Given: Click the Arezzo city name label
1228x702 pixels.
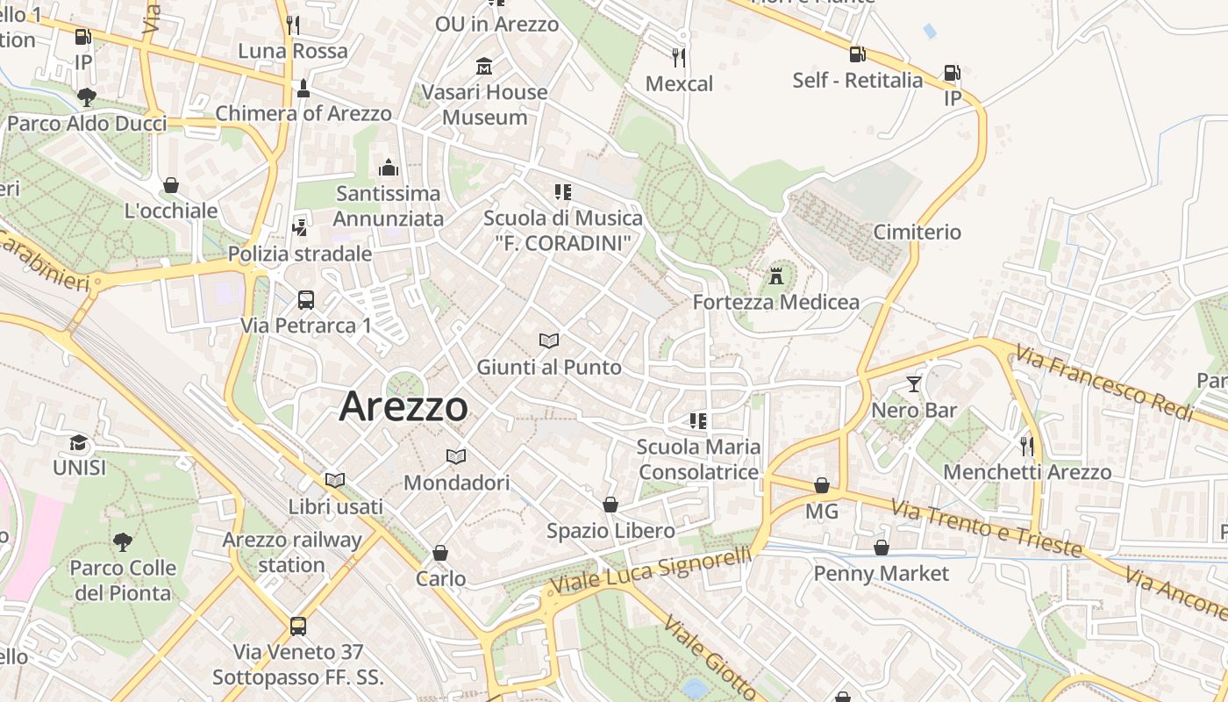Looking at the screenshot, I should tap(403, 406).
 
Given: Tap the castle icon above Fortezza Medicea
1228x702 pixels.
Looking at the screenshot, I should tap(775, 276).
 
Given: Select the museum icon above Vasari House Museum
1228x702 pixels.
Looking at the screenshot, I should tap(483, 67).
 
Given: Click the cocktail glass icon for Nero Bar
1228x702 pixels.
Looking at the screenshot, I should tap(914, 384).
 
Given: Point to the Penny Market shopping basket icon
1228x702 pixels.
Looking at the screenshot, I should tap(882, 548).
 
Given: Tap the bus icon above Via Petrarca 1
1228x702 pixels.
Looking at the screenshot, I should tap(306, 300).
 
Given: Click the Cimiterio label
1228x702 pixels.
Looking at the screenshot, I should tap(917, 233).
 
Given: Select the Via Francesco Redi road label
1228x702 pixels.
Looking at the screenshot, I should tap(1104, 383).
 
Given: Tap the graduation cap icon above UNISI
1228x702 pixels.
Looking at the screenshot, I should tap(79, 442).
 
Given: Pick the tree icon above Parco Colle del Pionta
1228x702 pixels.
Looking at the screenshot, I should tap(123, 541).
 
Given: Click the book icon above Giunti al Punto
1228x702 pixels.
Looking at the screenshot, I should tap(549, 340).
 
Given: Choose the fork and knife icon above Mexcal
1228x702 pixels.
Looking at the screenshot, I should tap(678, 58).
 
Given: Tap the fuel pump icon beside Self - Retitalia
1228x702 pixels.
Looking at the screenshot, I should tap(857, 54).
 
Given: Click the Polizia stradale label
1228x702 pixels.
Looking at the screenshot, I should tap(300, 254).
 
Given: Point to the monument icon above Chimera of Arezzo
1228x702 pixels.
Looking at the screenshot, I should tap(303, 88).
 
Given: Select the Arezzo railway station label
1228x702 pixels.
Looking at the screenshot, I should tap(292, 552).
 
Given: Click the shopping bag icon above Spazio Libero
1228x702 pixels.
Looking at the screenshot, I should tap(610, 505).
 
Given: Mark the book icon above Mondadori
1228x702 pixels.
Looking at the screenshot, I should tap(456, 456).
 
